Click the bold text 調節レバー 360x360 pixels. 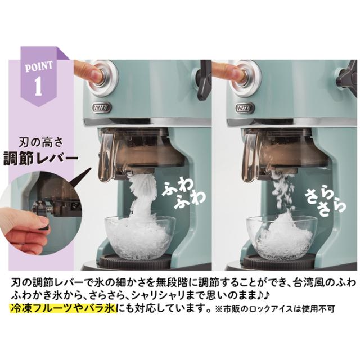click(39, 158)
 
